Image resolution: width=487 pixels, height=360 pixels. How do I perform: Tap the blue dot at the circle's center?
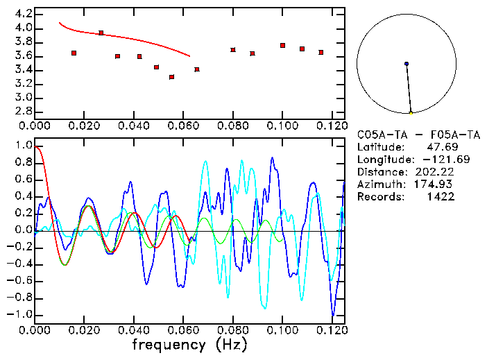pos(407,64)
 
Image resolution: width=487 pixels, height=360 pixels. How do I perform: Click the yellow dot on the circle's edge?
pos(411,113)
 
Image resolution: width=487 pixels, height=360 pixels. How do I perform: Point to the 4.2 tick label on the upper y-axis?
pos(23,14)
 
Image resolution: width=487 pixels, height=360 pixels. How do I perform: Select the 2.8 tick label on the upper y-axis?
pos(23,111)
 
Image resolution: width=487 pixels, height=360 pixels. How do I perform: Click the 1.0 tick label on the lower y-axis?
pos(23,146)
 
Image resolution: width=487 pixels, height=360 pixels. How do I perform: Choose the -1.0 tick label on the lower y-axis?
pos(20,314)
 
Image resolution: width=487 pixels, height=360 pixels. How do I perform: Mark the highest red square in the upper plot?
pos(101,33)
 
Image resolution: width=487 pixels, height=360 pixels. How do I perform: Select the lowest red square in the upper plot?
pos(171,77)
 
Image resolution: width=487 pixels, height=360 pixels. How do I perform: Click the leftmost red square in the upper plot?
pos(74,53)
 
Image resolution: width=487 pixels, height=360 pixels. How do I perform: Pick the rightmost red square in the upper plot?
pos(321,52)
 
